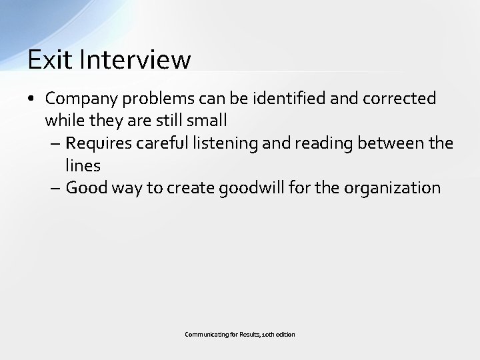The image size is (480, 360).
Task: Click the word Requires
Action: tap(98, 143)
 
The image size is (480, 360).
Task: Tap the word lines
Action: tap(83, 165)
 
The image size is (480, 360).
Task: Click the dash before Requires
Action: tap(55, 144)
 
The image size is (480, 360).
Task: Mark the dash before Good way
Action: tap(55, 189)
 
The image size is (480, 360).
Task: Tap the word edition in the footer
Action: tap(285, 334)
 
